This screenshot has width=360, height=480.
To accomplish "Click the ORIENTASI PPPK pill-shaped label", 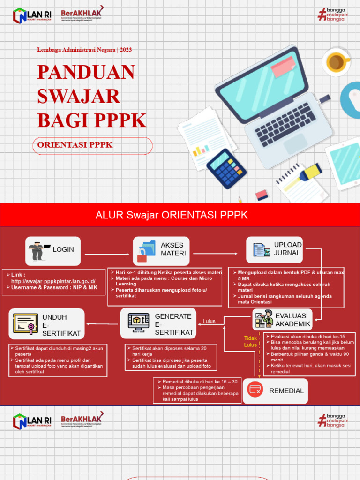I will coord(93,145).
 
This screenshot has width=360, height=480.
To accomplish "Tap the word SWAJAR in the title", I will coord(79,96).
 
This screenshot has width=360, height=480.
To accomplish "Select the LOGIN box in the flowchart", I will coord(53,251).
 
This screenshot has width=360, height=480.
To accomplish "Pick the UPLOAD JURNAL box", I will coord(274,249).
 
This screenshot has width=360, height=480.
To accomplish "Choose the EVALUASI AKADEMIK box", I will coord(282,320).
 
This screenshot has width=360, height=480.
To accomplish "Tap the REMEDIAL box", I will coord(276,390).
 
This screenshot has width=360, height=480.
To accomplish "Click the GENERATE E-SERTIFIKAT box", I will coord(157,323).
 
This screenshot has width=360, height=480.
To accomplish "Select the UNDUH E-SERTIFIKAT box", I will coord(47,324).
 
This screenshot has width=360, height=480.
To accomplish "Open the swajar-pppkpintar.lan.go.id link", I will coord(53,281).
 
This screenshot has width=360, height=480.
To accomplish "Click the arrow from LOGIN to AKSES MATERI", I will coord(107,254).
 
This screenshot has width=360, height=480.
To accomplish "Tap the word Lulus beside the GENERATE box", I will coord(209,321).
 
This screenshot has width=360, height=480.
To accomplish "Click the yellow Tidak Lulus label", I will coord(250,341).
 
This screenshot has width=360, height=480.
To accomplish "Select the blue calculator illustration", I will coord(226,169).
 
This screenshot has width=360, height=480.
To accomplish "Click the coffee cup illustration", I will coord(336,62).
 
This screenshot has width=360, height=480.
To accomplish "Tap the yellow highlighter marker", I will coord(310,172).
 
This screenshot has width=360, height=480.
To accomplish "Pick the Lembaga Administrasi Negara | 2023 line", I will coord(88,50).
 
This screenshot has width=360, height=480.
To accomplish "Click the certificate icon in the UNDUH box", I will coord(26,324).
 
